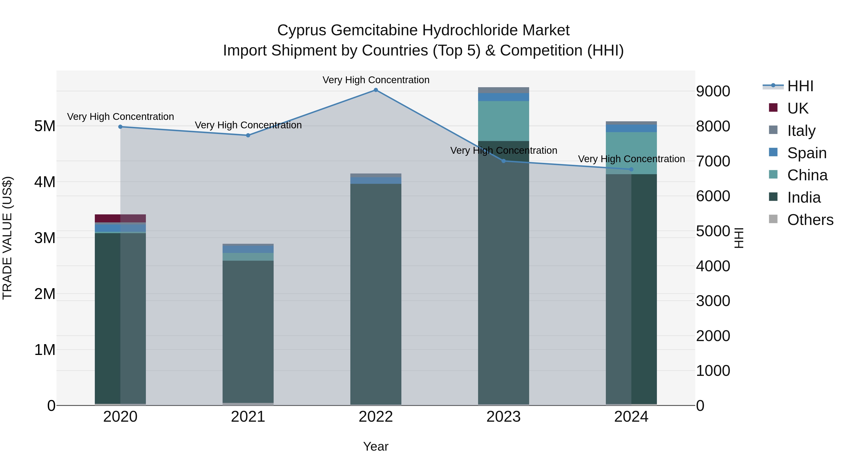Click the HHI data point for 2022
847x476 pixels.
tap(376, 90)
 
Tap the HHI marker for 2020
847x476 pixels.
tap(120, 127)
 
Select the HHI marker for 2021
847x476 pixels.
tap(248, 135)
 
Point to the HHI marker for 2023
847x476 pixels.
tap(503, 161)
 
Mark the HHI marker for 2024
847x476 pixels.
tap(631, 169)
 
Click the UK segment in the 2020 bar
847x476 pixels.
tap(120, 218)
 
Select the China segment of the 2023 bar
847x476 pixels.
tap(503, 121)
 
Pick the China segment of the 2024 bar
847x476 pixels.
tap(631, 153)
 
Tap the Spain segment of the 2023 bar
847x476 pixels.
tap(503, 97)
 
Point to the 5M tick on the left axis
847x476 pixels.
tap(45, 126)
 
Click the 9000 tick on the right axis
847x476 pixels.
tap(713, 91)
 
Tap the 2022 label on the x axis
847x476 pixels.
tap(376, 417)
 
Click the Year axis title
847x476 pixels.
tap(376, 446)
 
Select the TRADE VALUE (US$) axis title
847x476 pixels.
tap(7, 238)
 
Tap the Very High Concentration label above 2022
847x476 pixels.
tap(376, 80)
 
